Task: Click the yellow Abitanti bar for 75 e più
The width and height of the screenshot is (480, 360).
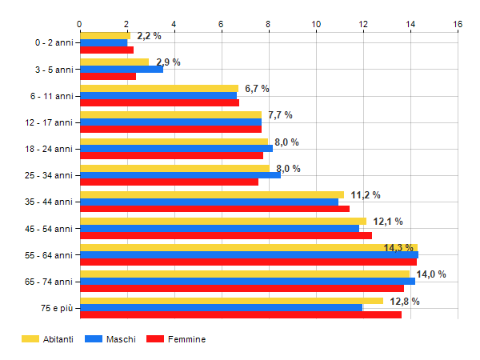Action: tap(231, 301)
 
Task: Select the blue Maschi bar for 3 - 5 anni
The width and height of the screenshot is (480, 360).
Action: tap(121, 69)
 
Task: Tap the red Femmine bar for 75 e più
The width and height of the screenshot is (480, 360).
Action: tap(240, 314)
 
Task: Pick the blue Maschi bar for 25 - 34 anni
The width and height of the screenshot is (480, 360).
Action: tap(180, 175)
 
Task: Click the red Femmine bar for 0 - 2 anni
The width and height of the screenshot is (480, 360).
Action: tap(106, 50)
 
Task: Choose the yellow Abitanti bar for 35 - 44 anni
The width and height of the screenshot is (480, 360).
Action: tap(211, 194)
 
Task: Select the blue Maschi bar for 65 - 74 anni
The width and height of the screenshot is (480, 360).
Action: tap(247, 281)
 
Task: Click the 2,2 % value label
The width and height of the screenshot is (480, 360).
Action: tap(149, 36)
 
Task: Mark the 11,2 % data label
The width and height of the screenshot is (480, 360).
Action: tap(366, 195)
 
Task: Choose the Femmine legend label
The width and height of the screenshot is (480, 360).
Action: tap(186, 339)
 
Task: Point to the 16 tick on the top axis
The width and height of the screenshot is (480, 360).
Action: tap(458, 24)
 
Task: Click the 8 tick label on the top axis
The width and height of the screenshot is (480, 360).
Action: tap(269, 24)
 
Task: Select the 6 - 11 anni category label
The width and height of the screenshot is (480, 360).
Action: tap(54, 96)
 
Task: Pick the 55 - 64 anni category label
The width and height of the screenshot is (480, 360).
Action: tap(51, 255)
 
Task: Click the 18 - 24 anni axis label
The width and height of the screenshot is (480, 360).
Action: tap(51, 149)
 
